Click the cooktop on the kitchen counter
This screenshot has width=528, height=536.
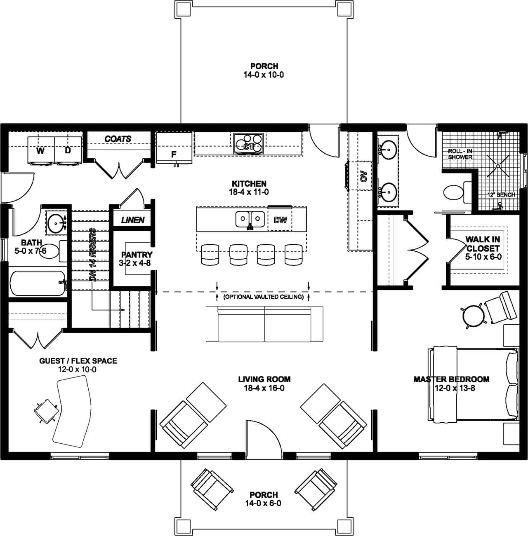pos(249,143)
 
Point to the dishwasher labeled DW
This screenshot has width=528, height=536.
pos(280,220)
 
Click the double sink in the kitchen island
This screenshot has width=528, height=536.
pos(250,219)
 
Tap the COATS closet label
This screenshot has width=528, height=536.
pos(118,139)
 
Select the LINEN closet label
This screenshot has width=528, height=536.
pos(133,220)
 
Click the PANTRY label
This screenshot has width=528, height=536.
pos(137,255)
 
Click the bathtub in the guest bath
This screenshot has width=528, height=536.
pos(37,283)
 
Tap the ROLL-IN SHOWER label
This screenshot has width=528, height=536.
pos(460,154)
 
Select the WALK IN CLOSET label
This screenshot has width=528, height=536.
pos(483,244)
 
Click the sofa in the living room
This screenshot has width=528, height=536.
pos(264,324)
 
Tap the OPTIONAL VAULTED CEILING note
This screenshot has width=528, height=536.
pos(263,297)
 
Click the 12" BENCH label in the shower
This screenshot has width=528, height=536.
pos(500,194)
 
